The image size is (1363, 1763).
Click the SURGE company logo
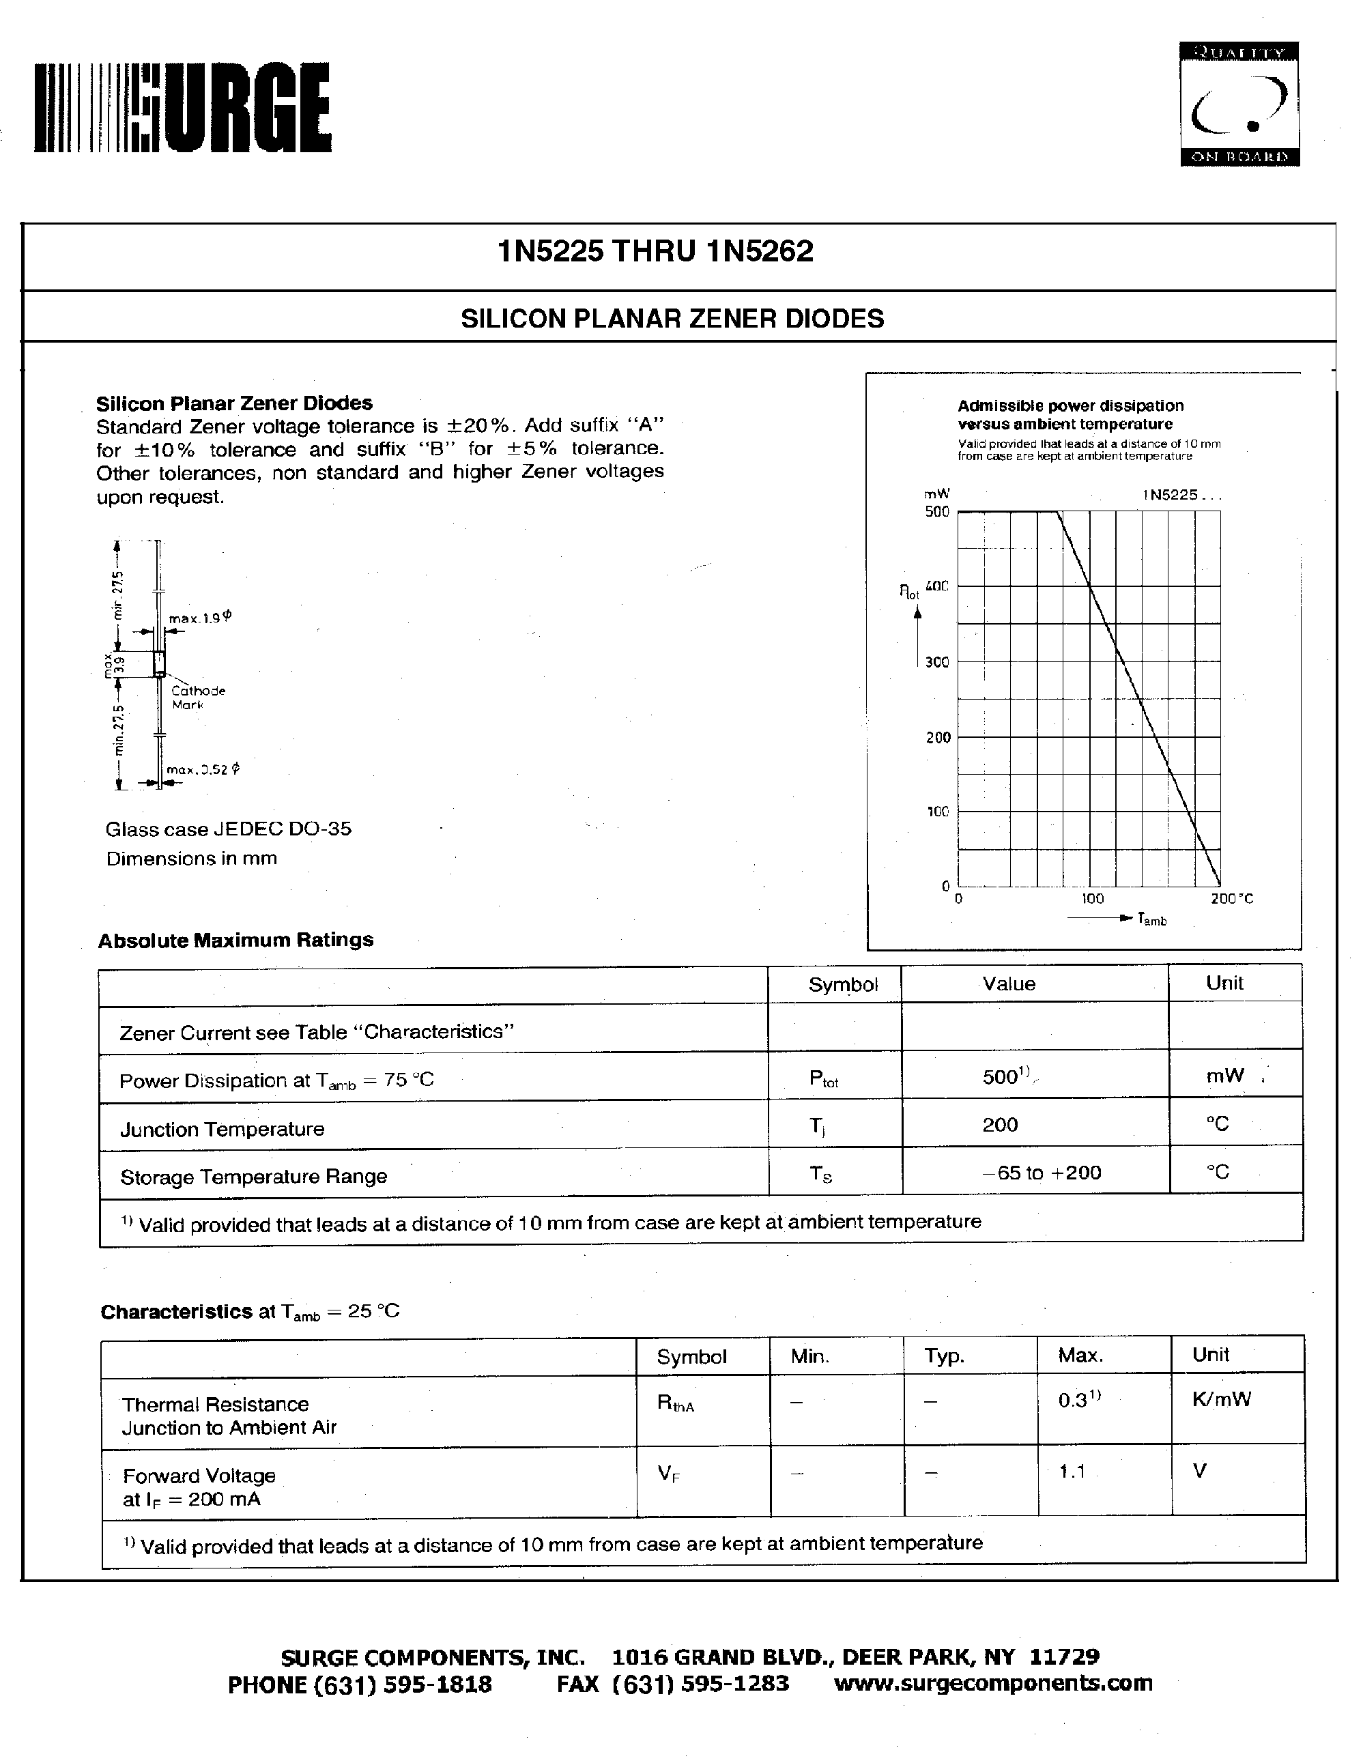[x=182, y=107]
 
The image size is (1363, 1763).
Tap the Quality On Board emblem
[x=1239, y=105]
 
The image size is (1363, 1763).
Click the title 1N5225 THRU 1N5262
[x=655, y=252]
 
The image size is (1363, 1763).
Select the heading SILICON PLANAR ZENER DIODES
[x=672, y=319]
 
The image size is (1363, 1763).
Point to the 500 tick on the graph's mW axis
[x=937, y=512]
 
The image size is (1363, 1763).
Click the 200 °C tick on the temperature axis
[x=1231, y=898]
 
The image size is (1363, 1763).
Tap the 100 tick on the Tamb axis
[x=1092, y=898]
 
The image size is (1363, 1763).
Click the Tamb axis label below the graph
[x=1151, y=919]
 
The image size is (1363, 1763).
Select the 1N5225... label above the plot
[x=1181, y=495]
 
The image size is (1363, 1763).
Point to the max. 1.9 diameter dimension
[x=199, y=618]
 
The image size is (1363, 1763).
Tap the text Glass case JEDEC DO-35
[x=229, y=829]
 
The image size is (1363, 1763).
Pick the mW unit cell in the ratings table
[x=1224, y=1075]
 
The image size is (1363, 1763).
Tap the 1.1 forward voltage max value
[x=1072, y=1472]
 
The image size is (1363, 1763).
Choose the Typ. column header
[x=944, y=1356]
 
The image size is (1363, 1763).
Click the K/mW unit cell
[x=1221, y=1399]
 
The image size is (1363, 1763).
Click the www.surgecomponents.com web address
[x=992, y=1683]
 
